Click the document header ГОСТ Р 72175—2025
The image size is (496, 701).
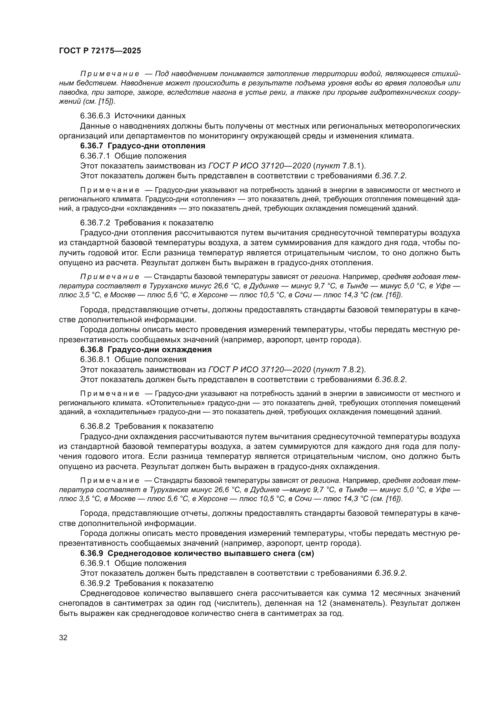pos(100,51)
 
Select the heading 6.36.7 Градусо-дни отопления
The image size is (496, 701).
pos(143,146)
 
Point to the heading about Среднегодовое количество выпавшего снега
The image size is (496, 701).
pos(197,553)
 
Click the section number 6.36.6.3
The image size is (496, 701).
pos(95,116)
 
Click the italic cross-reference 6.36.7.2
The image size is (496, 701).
pos(390,176)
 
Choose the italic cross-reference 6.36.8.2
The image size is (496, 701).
pos(390,380)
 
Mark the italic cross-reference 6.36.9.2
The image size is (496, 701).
pos(390,573)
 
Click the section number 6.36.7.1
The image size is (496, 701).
pos(95,156)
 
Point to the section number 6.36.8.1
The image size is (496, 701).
pos(95,360)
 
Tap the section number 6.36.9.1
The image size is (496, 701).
pos(95,563)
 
